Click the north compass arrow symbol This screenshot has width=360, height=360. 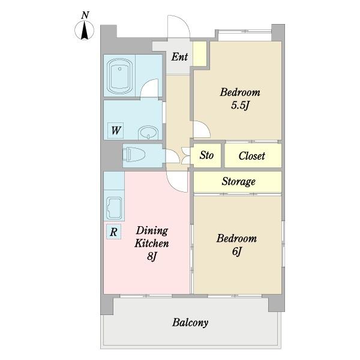(x=85, y=31)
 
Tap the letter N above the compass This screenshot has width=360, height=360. (x=85, y=15)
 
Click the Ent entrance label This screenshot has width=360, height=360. (x=179, y=57)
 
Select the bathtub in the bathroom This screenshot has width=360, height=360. (x=119, y=76)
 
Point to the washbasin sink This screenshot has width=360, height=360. (x=148, y=133)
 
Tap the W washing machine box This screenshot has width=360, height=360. (x=115, y=130)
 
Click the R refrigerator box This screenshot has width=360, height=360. (x=113, y=232)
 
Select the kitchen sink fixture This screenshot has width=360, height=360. (x=115, y=208)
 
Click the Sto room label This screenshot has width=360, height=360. (x=206, y=155)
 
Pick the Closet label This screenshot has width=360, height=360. (x=252, y=156)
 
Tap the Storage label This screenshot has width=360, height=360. (x=239, y=181)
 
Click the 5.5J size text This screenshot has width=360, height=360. (x=240, y=106)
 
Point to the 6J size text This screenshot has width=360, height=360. (x=237, y=251)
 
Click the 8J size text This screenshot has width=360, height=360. (x=152, y=256)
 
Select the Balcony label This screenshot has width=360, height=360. (x=190, y=322)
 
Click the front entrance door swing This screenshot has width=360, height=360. (x=179, y=26)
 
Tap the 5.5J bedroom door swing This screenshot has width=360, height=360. (x=202, y=130)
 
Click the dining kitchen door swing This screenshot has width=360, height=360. (x=177, y=181)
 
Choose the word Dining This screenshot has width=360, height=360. (x=152, y=230)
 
